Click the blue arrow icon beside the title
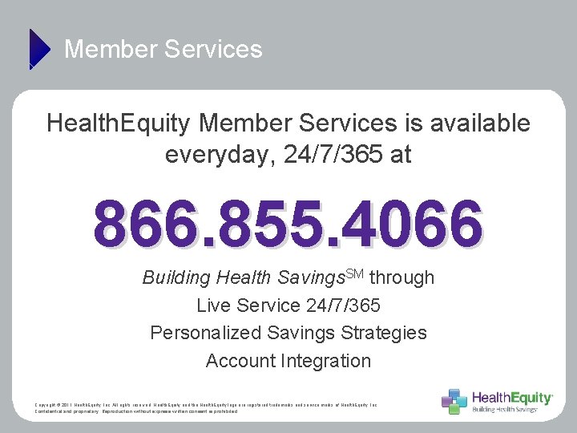coord(38,48)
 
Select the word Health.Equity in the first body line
coord(118,123)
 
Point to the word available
coord(480,123)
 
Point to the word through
coord(402,278)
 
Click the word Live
coord(214,306)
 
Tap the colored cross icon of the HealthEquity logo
coord(454,401)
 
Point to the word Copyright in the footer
coord(47,405)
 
